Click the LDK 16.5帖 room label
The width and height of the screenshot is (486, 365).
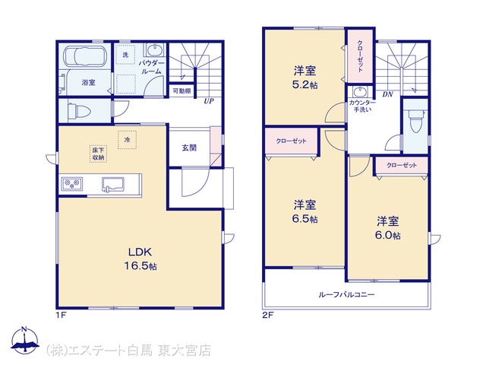click(x=140, y=259)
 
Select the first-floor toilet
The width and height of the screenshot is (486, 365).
click(x=79, y=111)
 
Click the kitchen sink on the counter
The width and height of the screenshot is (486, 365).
click(x=113, y=184)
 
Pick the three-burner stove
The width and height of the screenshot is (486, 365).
click(x=72, y=184)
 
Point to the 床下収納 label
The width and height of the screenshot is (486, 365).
click(x=98, y=154)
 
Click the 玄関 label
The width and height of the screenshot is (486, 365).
click(x=189, y=148)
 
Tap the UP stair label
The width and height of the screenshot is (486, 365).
click(x=209, y=101)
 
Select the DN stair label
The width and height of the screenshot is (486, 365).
click(x=387, y=94)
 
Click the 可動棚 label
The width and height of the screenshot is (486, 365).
click(x=181, y=91)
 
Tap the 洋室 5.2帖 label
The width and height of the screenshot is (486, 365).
click(x=305, y=78)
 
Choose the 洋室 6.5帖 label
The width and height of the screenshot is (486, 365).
click(x=305, y=211)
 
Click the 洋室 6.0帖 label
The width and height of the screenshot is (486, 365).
click(x=388, y=228)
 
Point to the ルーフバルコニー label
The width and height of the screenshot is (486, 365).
click(x=346, y=294)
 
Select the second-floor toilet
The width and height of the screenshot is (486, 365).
click(x=415, y=121)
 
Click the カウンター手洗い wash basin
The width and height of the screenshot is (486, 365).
click(x=359, y=92)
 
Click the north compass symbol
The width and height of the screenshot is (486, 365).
click(x=25, y=341)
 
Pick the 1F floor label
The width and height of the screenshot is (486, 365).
click(x=61, y=316)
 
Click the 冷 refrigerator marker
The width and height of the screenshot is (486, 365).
click(x=127, y=140)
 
